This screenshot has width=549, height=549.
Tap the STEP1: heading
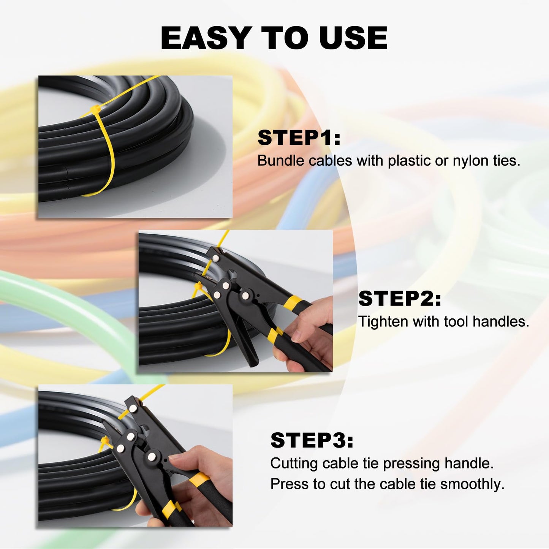299,138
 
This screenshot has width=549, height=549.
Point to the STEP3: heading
312,440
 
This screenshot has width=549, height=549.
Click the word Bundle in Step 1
281,161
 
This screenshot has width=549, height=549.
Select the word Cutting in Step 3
294,464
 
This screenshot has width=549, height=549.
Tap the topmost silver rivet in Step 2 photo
216,258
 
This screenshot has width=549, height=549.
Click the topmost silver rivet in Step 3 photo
133,408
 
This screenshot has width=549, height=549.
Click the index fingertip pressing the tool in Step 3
174,460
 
